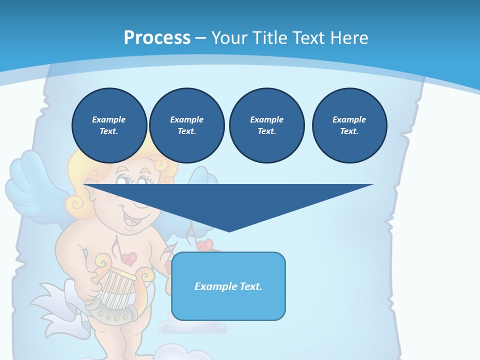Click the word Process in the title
tap(157, 38)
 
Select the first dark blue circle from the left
tap(109, 125)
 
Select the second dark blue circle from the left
tap(186, 125)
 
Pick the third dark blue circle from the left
tap(266, 125)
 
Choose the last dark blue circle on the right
tap(349, 125)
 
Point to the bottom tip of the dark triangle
tap(229, 231)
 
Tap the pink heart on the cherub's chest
tap(129, 258)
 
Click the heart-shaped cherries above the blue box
tap(205, 245)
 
